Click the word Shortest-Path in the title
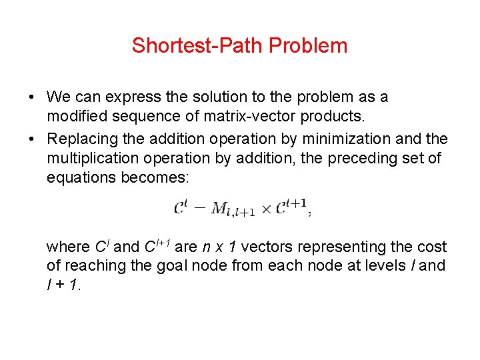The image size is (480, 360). (197, 46)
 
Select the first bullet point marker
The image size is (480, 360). (32, 97)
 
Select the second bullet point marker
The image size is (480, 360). (32, 139)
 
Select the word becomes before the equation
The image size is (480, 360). (157, 178)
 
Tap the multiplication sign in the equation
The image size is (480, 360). (266, 209)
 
